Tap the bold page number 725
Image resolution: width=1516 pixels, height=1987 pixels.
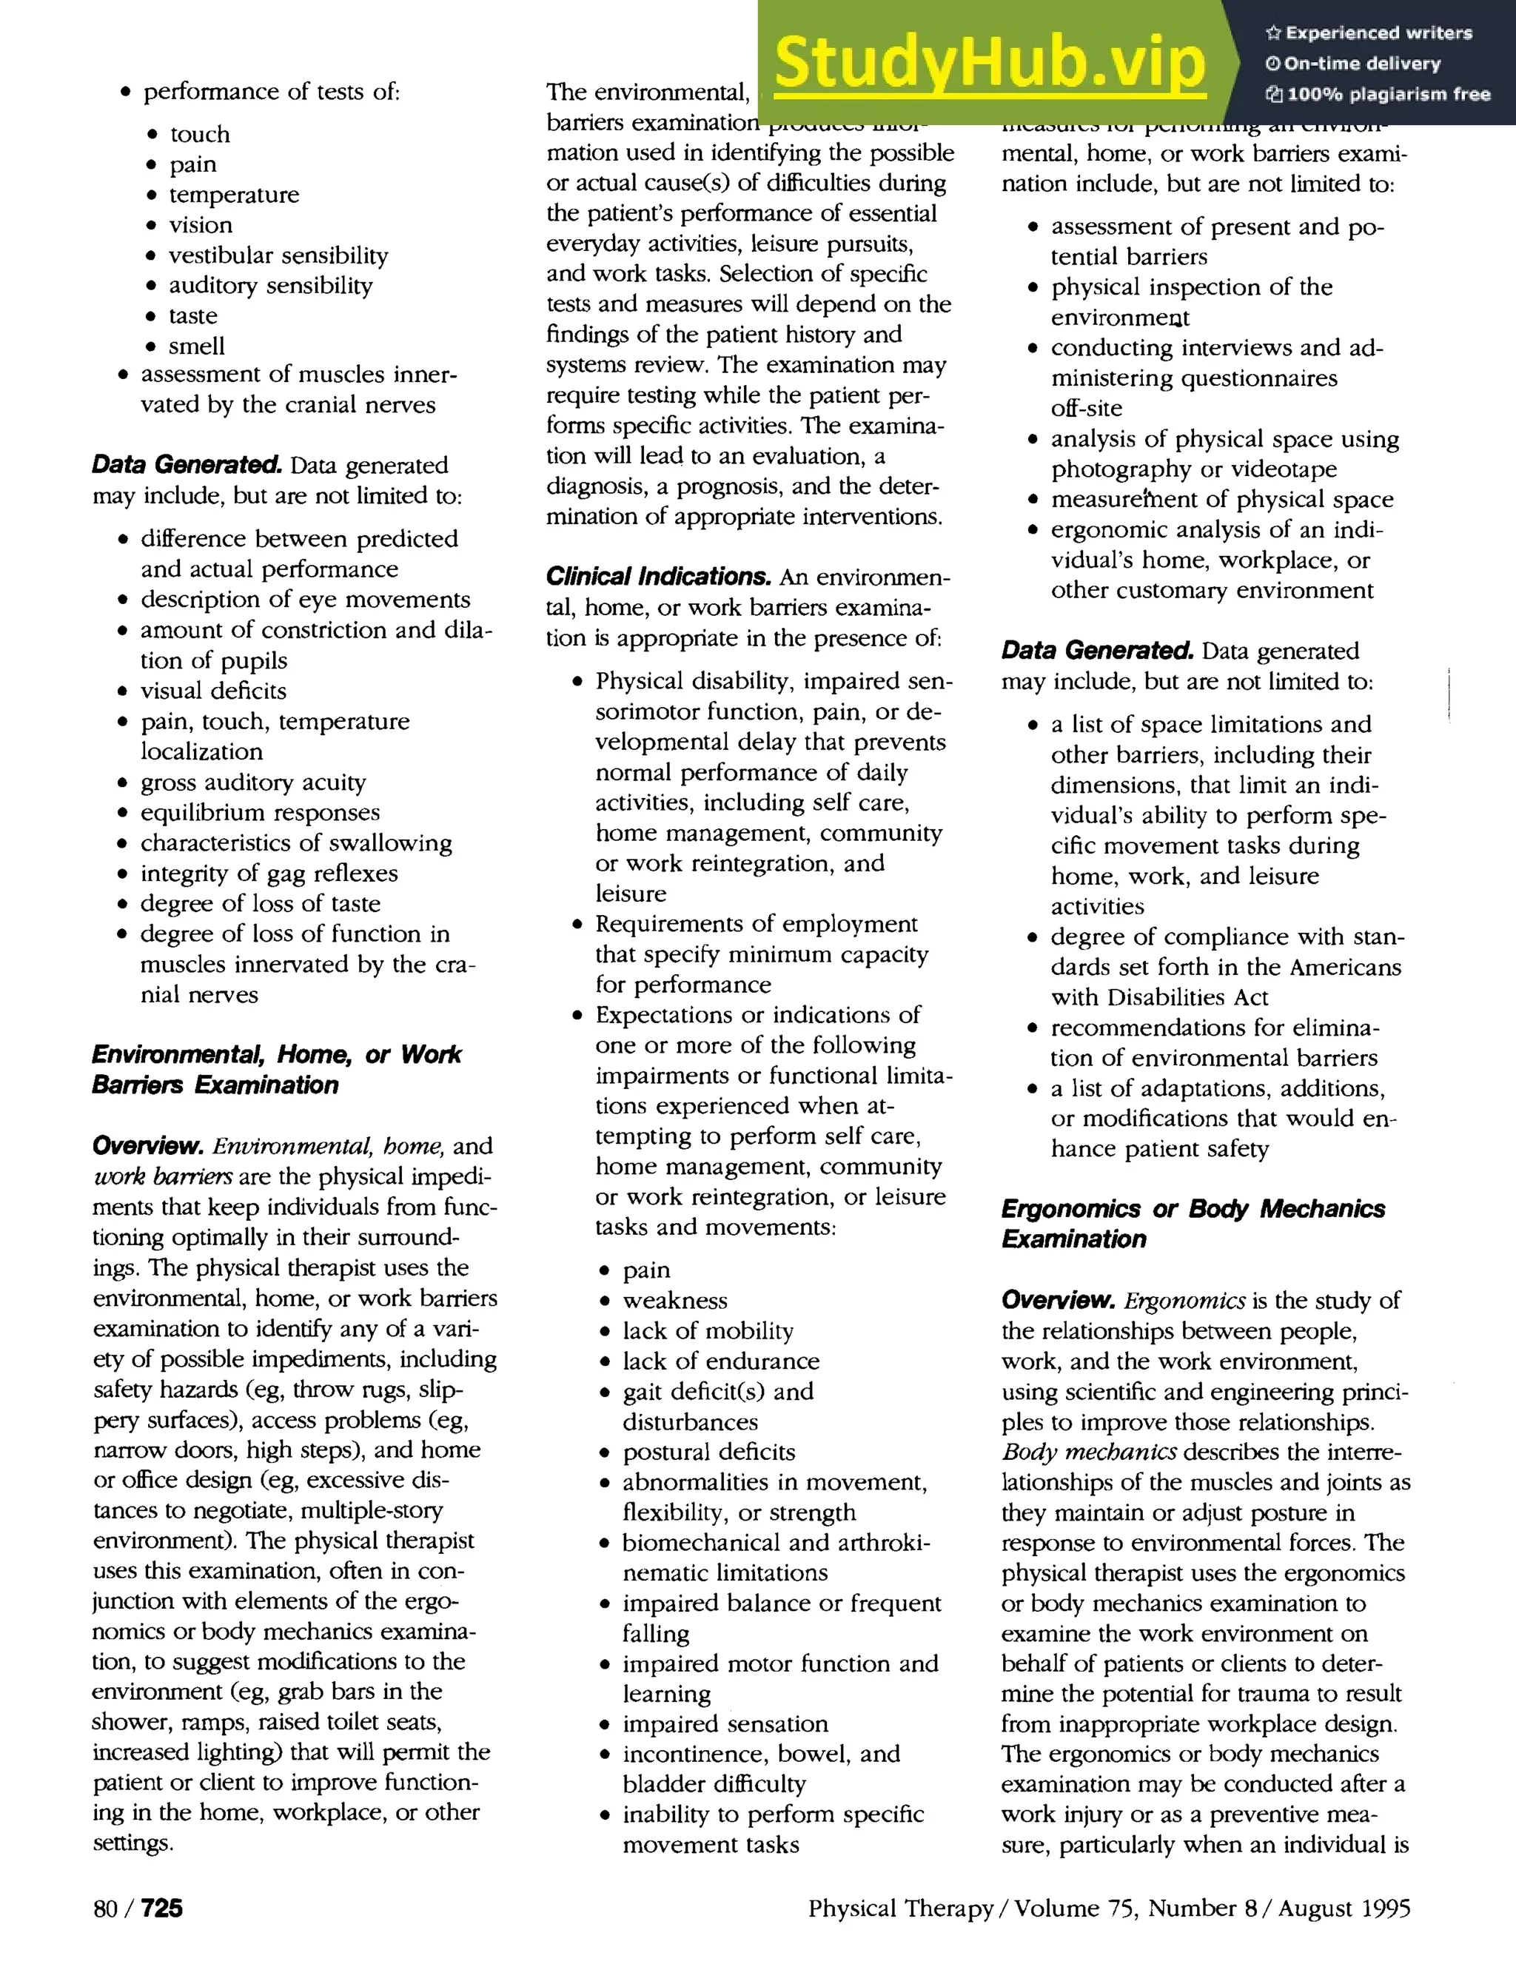(161, 1908)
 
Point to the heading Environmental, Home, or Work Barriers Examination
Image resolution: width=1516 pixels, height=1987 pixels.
(276, 1069)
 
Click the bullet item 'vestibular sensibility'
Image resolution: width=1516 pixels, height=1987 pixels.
(278, 255)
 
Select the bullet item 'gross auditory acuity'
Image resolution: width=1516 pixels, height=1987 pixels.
(252, 782)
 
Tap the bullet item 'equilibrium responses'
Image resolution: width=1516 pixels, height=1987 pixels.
(260, 812)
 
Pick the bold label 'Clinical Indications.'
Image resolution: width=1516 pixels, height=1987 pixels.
(659, 577)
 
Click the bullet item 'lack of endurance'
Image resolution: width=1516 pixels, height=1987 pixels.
(720, 1361)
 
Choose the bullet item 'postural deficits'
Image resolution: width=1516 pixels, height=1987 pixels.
(708, 1452)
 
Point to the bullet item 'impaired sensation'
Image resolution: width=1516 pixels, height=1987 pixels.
(725, 1723)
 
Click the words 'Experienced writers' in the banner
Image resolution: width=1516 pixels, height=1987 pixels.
(1378, 33)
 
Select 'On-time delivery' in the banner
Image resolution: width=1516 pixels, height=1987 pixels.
(1362, 63)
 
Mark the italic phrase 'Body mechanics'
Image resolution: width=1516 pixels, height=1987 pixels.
(1088, 1452)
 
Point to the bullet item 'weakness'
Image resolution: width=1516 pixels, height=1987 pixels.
(674, 1300)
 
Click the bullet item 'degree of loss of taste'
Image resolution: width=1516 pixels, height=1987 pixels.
(260, 903)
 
